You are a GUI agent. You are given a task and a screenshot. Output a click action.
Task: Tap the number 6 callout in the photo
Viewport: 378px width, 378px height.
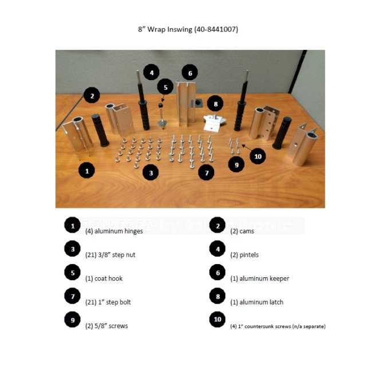[x=189, y=73]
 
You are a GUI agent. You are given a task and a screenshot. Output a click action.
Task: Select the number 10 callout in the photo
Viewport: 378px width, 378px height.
[x=258, y=156]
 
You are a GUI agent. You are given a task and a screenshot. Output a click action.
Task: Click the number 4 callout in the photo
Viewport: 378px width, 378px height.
[x=151, y=73]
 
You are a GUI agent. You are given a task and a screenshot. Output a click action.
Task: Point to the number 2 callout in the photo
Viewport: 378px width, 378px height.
[x=92, y=96]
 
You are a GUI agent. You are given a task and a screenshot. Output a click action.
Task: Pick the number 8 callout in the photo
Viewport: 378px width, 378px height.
[x=215, y=104]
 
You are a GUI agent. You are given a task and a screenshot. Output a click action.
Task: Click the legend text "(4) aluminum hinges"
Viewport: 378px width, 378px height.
[x=114, y=231]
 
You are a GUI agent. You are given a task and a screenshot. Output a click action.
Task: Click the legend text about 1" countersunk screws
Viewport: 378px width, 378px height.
[x=278, y=326]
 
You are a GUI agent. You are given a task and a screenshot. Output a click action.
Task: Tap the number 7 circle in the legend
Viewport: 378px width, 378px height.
[x=72, y=297]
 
